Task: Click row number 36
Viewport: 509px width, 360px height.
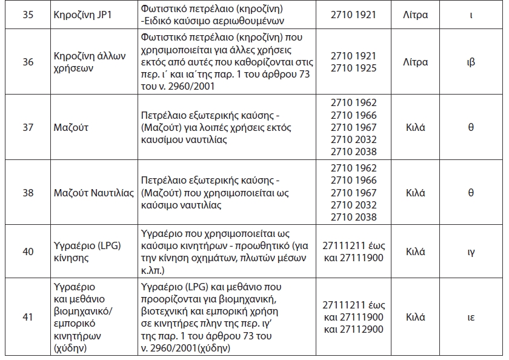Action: [x=28, y=62]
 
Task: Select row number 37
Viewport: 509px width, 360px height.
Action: [x=28, y=128]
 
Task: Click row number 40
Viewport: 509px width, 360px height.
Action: [x=28, y=251]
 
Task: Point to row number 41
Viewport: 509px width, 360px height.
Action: [x=28, y=317]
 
